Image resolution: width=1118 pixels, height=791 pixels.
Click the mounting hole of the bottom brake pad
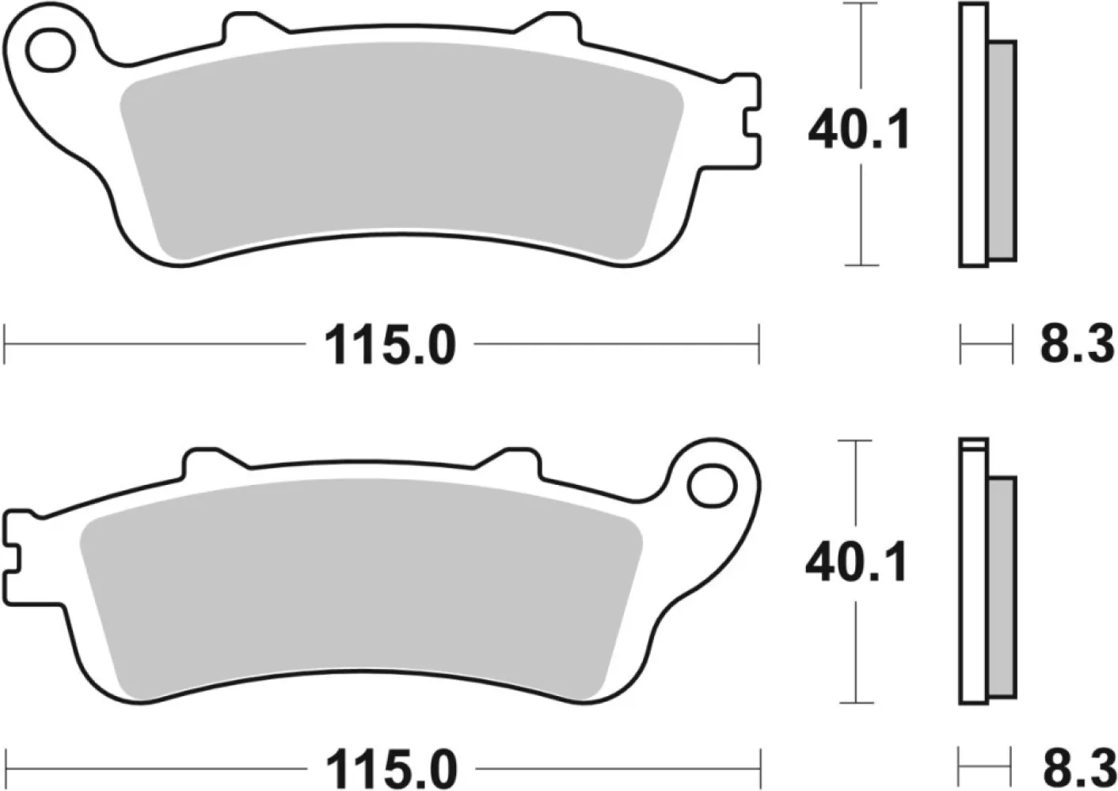coord(710,486)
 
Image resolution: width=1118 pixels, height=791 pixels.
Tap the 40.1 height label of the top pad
coord(858,131)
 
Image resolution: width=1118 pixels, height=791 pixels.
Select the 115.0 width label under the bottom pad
coord(391,768)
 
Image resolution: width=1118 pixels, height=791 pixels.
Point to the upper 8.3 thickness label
coord(1076,346)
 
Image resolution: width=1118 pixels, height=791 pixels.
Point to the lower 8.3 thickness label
coord(1076,768)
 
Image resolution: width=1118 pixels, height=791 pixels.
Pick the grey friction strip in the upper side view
coord(1002,150)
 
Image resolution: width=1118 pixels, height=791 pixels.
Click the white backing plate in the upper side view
coord(973,134)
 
